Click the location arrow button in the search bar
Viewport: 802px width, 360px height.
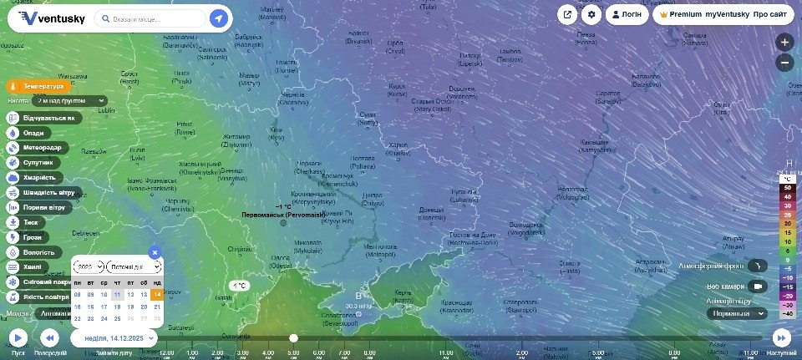coord(218,18)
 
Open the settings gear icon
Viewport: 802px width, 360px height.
coord(592,14)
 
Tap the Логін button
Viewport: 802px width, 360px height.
coord(626,14)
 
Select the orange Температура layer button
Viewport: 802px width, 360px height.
coord(36,86)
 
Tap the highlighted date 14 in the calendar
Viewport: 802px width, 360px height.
coord(157,294)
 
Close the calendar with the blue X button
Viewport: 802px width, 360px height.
coord(155,252)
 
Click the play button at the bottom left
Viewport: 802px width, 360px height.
coord(18,337)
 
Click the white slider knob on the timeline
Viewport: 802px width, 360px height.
coord(293,337)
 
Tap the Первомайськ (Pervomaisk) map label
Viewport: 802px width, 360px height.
coord(283,215)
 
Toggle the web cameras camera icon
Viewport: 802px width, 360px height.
coord(757,286)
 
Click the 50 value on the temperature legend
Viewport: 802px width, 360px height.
coord(787,188)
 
